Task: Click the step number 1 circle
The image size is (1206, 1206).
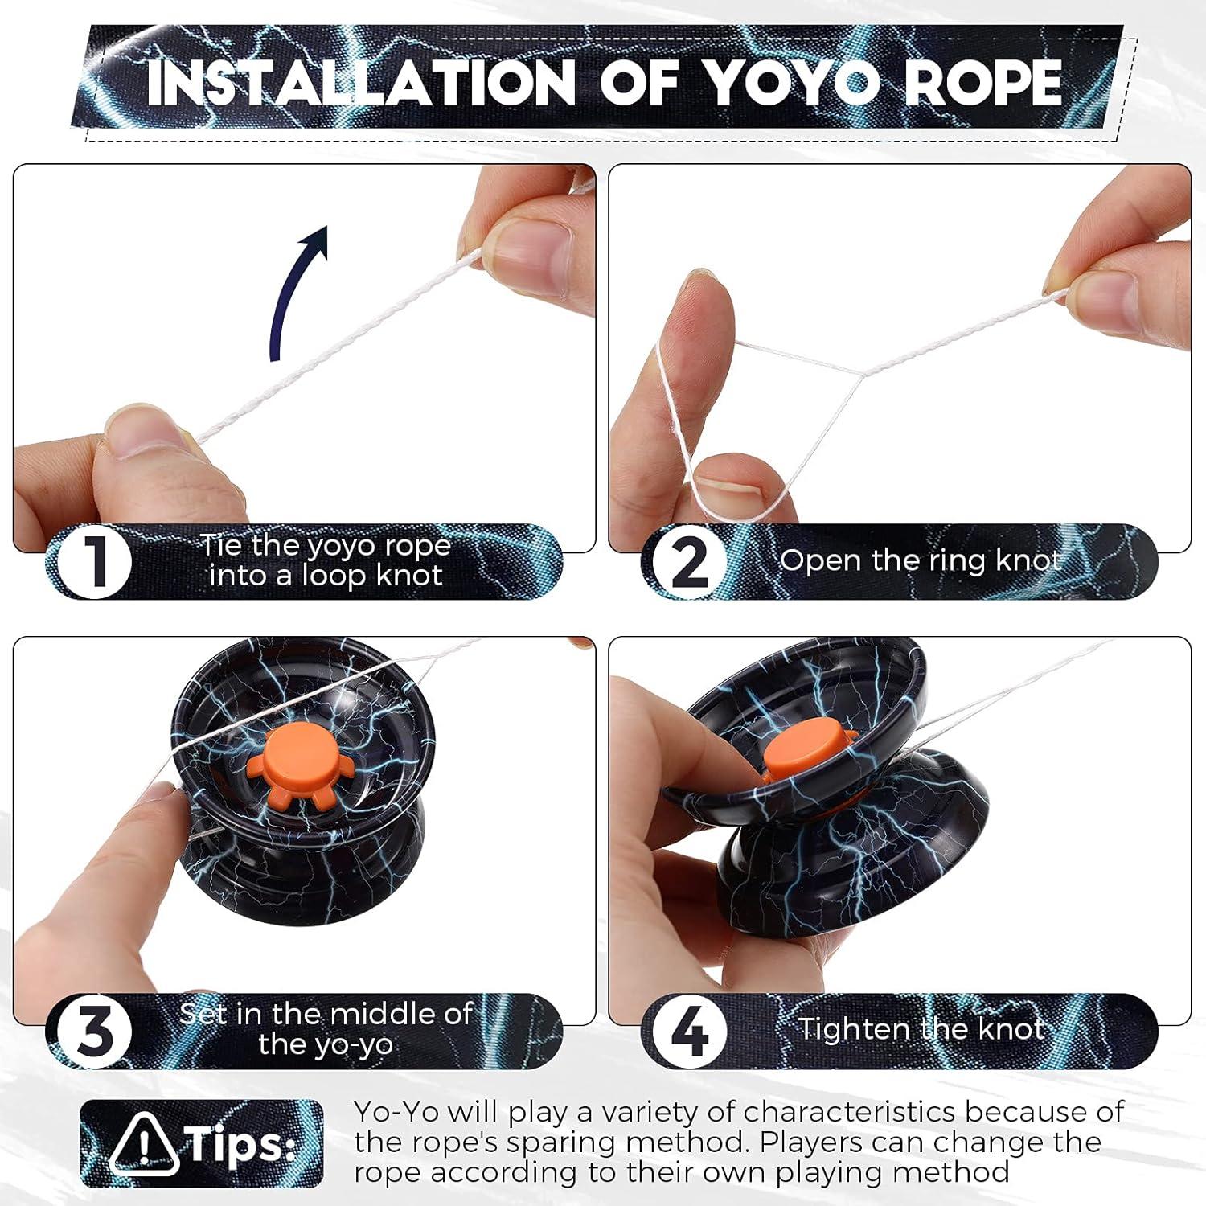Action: pos(95,561)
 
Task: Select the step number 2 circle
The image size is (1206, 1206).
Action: pos(689,561)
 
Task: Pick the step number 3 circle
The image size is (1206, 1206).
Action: pos(95,1032)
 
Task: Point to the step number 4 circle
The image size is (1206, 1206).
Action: pos(689,1032)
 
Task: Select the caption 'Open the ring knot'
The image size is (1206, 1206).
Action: pos(921,560)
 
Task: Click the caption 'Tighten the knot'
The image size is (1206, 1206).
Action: pos(921,1028)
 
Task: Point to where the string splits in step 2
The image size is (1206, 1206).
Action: pos(862,374)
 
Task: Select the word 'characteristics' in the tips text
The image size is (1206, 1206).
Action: pos(849,1112)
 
